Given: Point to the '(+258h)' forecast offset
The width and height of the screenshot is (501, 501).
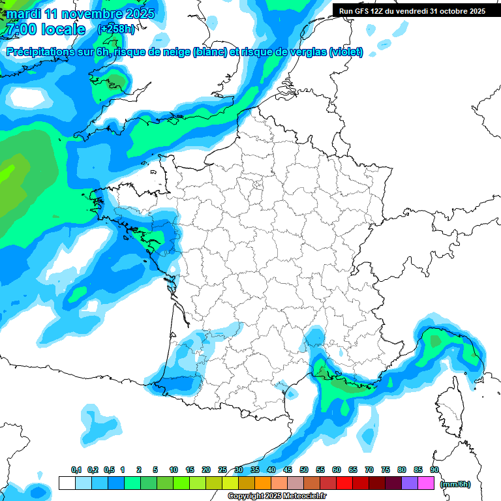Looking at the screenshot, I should point(116,29).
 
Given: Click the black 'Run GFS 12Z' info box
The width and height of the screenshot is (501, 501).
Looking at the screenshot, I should point(412,10).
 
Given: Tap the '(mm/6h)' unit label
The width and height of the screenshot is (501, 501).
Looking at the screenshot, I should point(455,483).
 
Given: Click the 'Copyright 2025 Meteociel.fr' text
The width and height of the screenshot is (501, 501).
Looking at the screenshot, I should point(277,496).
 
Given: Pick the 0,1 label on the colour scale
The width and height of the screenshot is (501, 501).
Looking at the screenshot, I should point(76,470).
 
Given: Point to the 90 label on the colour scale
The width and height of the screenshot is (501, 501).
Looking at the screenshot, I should point(434,470).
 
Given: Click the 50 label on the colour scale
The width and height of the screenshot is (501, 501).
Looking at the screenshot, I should point(304,470).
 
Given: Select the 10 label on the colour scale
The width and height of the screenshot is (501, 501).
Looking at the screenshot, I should point(174,470).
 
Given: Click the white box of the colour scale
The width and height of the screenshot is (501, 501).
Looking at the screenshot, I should point(67,483).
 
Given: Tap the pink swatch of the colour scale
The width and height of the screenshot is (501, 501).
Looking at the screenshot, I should point(425,483).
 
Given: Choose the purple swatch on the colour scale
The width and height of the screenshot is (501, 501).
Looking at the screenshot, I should point(409,483).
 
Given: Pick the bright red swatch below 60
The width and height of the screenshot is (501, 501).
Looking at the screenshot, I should point(344,483).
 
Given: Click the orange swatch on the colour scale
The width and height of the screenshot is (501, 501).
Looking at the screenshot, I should point(262,483).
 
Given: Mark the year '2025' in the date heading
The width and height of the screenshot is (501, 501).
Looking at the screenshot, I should point(137,14).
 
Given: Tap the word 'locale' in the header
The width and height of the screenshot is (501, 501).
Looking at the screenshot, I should point(63,29).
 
